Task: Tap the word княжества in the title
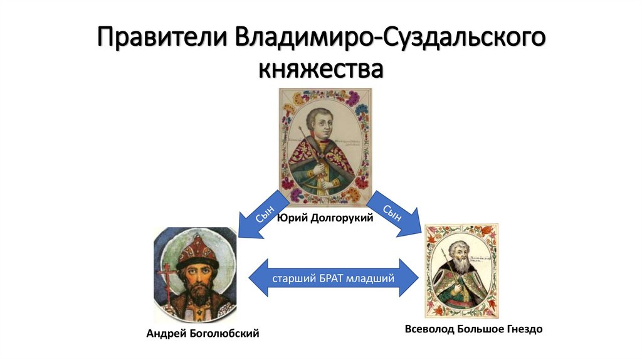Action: tap(320, 68)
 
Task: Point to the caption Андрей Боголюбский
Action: tap(203, 334)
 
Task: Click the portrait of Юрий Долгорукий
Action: tap(325, 147)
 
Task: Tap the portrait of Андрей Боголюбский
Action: tap(196, 275)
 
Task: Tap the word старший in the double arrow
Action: tap(292, 277)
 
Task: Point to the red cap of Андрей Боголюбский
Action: tap(196, 247)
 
